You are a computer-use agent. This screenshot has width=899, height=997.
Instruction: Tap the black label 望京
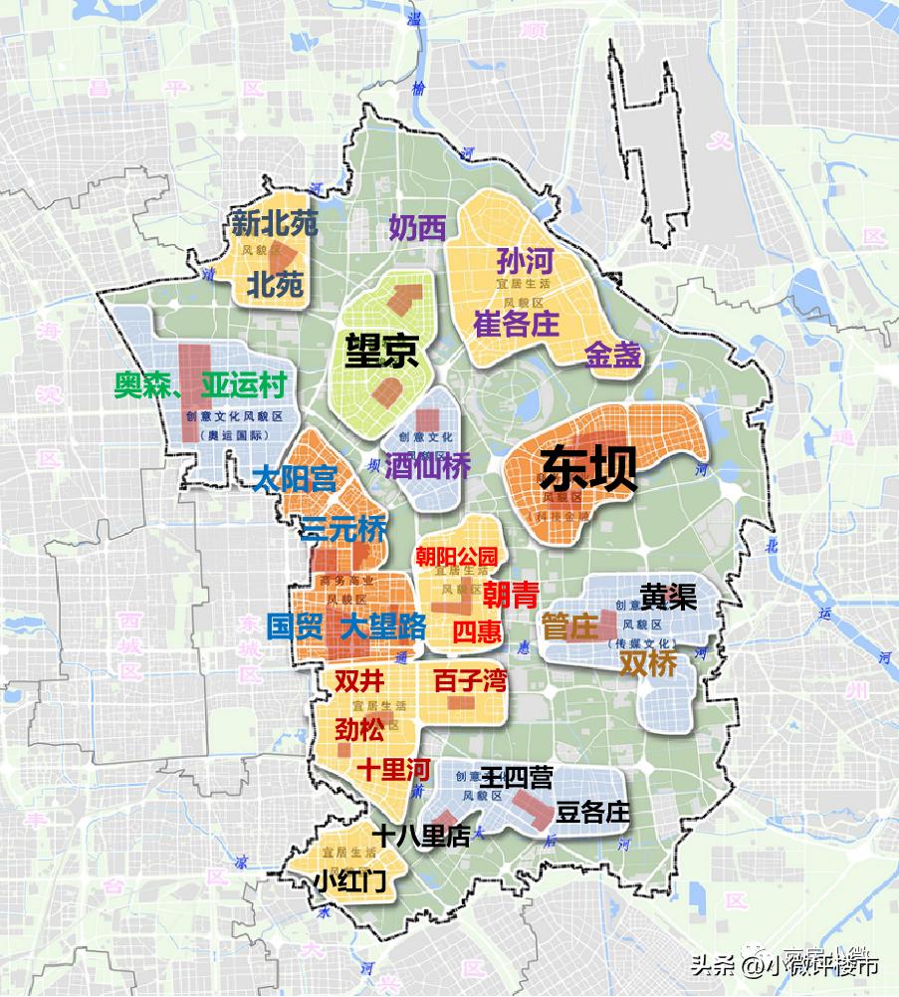click(x=381, y=351)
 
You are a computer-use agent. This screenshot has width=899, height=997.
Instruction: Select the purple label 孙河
click(x=524, y=262)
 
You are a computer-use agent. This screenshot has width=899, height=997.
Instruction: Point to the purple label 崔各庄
click(x=516, y=323)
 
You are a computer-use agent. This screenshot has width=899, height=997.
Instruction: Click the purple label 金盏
click(x=612, y=356)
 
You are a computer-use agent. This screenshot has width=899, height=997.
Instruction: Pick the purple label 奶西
click(x=417, y=228)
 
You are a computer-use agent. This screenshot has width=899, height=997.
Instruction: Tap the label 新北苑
click(x=274, y=223)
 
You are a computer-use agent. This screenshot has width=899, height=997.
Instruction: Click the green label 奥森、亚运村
click(x=200, y=385)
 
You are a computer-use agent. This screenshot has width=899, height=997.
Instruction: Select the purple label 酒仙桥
click(x=428, y=465)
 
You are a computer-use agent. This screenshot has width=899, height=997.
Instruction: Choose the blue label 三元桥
click(x=343, y=529)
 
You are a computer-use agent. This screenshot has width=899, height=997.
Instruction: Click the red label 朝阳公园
click(x=455, y=556)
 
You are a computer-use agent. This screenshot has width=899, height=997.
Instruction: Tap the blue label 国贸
click(x=294, y=626)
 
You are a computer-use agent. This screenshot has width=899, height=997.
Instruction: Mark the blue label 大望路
click(x=383, y=626)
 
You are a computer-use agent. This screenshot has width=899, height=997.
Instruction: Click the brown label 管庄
click(x=569, y=626)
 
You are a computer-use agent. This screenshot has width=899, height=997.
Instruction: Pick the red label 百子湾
click(x=469, y=681)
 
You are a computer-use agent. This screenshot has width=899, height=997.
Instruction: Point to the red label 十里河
click(x=393, y=769)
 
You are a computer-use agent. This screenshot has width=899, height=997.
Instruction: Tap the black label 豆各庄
click(x=593, y=813)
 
